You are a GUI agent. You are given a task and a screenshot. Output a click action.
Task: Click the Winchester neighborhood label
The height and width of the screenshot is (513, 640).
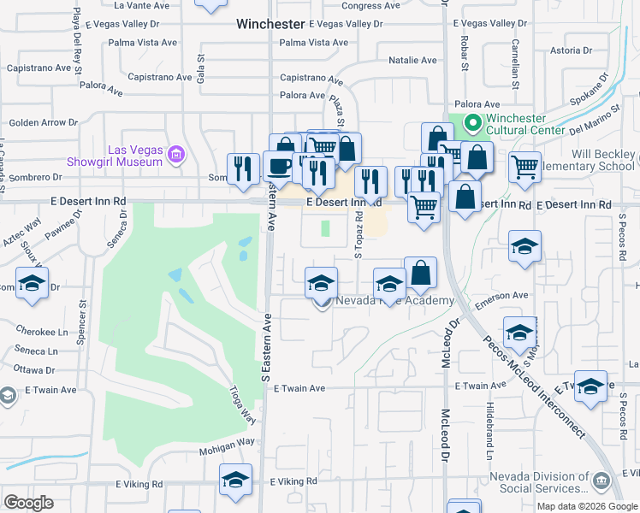(x=270, y=25)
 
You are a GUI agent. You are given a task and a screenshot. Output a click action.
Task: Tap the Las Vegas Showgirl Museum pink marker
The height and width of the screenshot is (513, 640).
(x=177, y=155)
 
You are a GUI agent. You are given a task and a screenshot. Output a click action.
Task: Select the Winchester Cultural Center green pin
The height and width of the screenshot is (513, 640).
(x=470, y=125)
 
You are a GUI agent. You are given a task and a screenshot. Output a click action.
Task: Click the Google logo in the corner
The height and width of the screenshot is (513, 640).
(x=28, y=503)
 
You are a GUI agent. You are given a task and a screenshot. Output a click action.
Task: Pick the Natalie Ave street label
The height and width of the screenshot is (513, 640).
(x=412, y=61)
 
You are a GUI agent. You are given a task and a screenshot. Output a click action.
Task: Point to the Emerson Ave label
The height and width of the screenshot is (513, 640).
(x=502, y=296)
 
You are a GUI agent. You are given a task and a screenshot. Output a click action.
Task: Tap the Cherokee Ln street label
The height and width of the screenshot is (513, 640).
(x=40, y=332)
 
